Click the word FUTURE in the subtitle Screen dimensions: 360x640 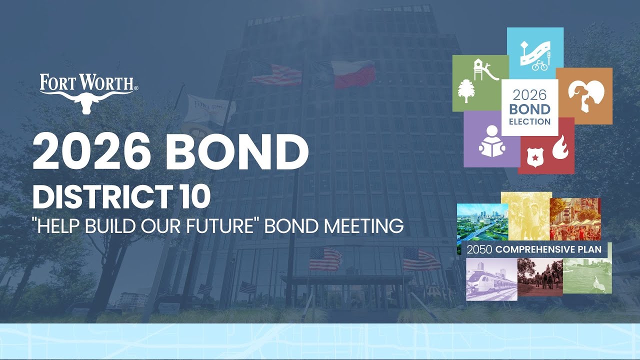(220, 226)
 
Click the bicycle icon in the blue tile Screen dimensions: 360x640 (539, 65)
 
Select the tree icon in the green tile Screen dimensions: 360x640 (465, 91)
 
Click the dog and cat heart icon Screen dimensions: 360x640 (583, 95)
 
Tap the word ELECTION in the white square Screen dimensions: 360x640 (529, 121)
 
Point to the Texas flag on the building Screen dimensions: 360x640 (352, 74)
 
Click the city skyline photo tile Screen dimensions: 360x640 (481, 222)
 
